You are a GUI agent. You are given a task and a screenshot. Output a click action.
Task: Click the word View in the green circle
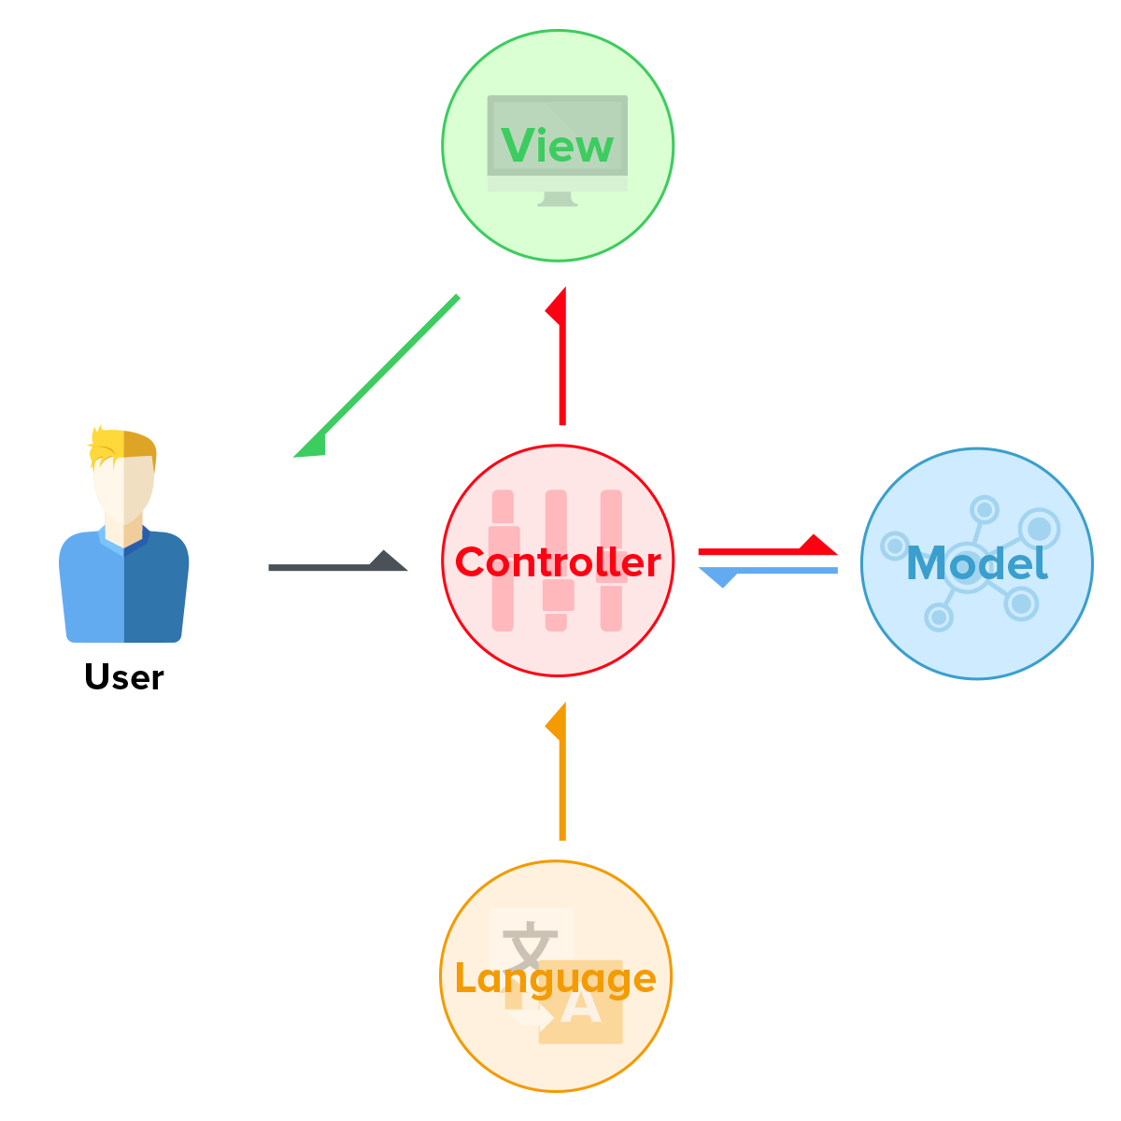pyautogui.click(x=557, y=145)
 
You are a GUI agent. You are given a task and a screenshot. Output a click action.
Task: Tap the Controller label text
pyautogui.click(x=558, y=562)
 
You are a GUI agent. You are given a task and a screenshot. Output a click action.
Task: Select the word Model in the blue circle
pyautogui.click(x=977, y=562)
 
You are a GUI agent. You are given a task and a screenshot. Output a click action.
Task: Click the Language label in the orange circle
pyautogui.click(x=556, y=979)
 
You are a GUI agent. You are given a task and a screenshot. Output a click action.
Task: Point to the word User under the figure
pyautogui.click(x=124, y=676)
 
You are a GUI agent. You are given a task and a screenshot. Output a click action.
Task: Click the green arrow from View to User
pyautogui.click(x=376, y=376)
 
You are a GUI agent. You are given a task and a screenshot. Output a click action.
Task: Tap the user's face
pyautogui.click(x=124, y=490)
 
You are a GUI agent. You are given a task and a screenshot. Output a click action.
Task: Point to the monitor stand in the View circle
pyautogui.click(x=558, y=199)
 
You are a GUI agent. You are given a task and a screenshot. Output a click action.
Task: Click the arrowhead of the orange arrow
pyautogui.click(x=556, y=721)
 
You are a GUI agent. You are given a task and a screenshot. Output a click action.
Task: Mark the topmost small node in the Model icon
pyautogui.click(x=985, y=510)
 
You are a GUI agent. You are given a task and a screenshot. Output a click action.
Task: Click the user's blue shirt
pyautogui.click(x=124, y=588)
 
